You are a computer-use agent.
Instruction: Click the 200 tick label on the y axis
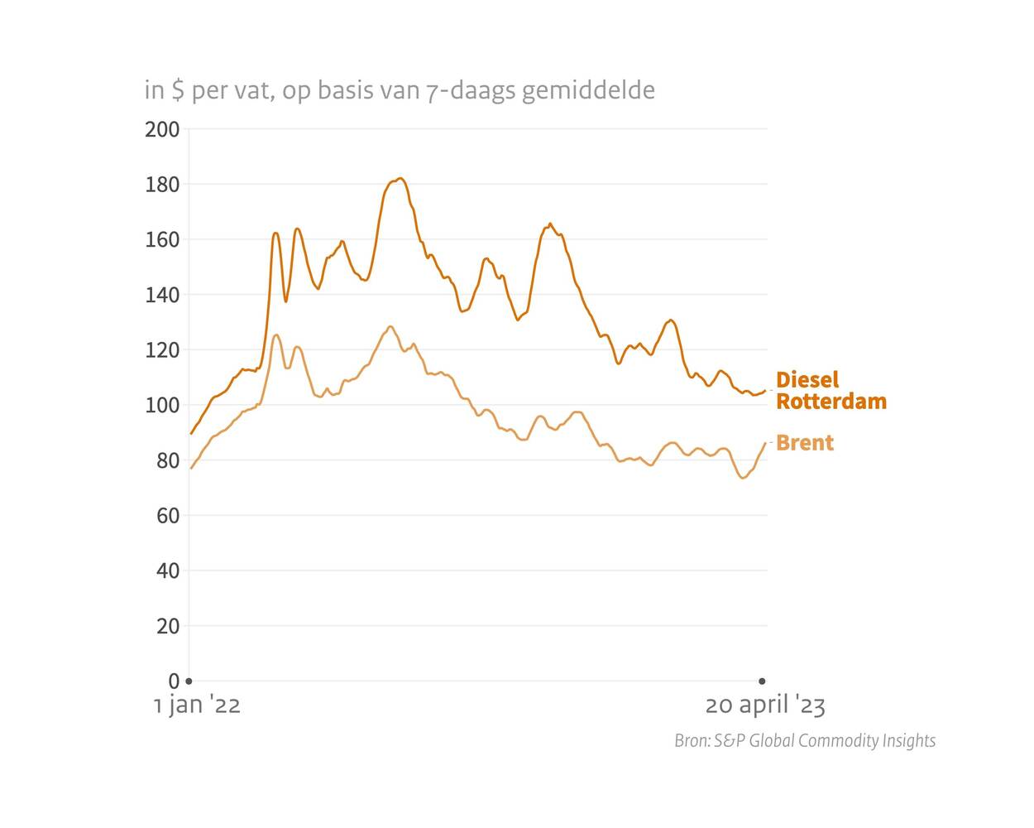[162, 129]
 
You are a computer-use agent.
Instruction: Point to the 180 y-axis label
[162, 185]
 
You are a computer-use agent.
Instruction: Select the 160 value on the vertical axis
[162, 240]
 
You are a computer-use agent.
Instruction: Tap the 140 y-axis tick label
[162, 295]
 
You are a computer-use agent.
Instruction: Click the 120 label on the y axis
[162, 350]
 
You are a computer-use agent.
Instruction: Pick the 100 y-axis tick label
[162, 406]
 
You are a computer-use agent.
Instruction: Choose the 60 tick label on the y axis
[167, 516]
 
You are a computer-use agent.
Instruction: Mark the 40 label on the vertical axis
[167, 571]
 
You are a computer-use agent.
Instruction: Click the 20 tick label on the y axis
[167, 627]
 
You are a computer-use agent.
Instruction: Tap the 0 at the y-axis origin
[174, 681]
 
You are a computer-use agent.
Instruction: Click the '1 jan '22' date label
[197, 705]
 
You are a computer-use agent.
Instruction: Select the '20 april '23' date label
[765, 705]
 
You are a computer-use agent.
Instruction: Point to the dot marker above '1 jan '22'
[189, 681]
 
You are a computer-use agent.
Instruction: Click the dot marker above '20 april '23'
[762, 681]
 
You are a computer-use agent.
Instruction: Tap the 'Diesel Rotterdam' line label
[831, 391]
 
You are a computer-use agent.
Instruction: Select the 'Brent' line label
[805, 443]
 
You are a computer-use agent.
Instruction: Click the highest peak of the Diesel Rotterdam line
[400, 178]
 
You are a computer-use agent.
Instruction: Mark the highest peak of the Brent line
[390, 326]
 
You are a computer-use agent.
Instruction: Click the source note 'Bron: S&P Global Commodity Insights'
[805, 741]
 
